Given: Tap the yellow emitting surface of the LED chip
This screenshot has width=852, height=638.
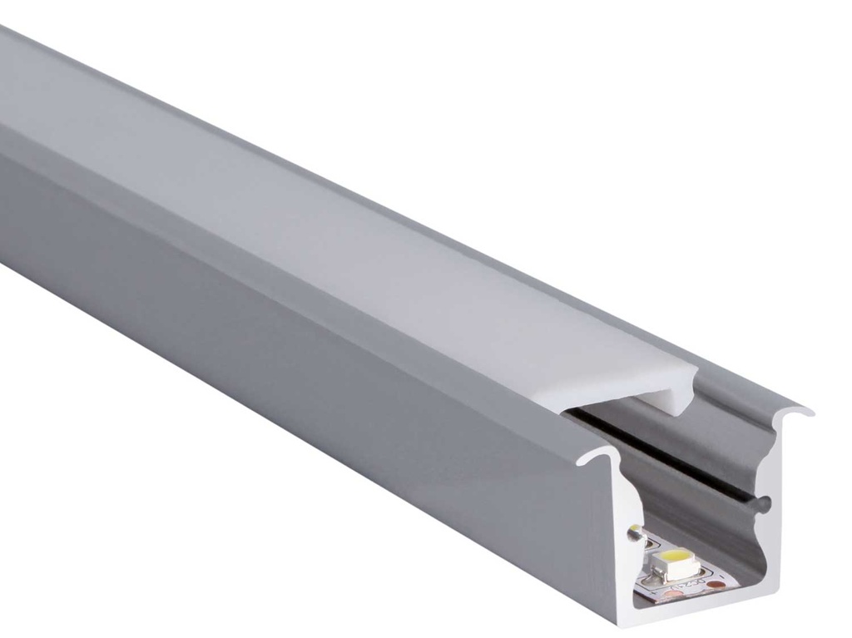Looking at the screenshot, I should [x=676, y=555].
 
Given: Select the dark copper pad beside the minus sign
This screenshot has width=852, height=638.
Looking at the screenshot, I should [x=716, y=584].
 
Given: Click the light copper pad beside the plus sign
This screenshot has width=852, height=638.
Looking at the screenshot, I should [x=674, y=593].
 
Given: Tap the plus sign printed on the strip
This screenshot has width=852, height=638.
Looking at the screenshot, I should [x=654, y=592].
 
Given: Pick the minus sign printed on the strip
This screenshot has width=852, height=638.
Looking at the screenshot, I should [x=722, y=576].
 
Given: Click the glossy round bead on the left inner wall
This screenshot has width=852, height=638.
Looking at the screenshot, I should [x=633, y=532].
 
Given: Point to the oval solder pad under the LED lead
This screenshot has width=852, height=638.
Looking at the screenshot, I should [x=649, y=581].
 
